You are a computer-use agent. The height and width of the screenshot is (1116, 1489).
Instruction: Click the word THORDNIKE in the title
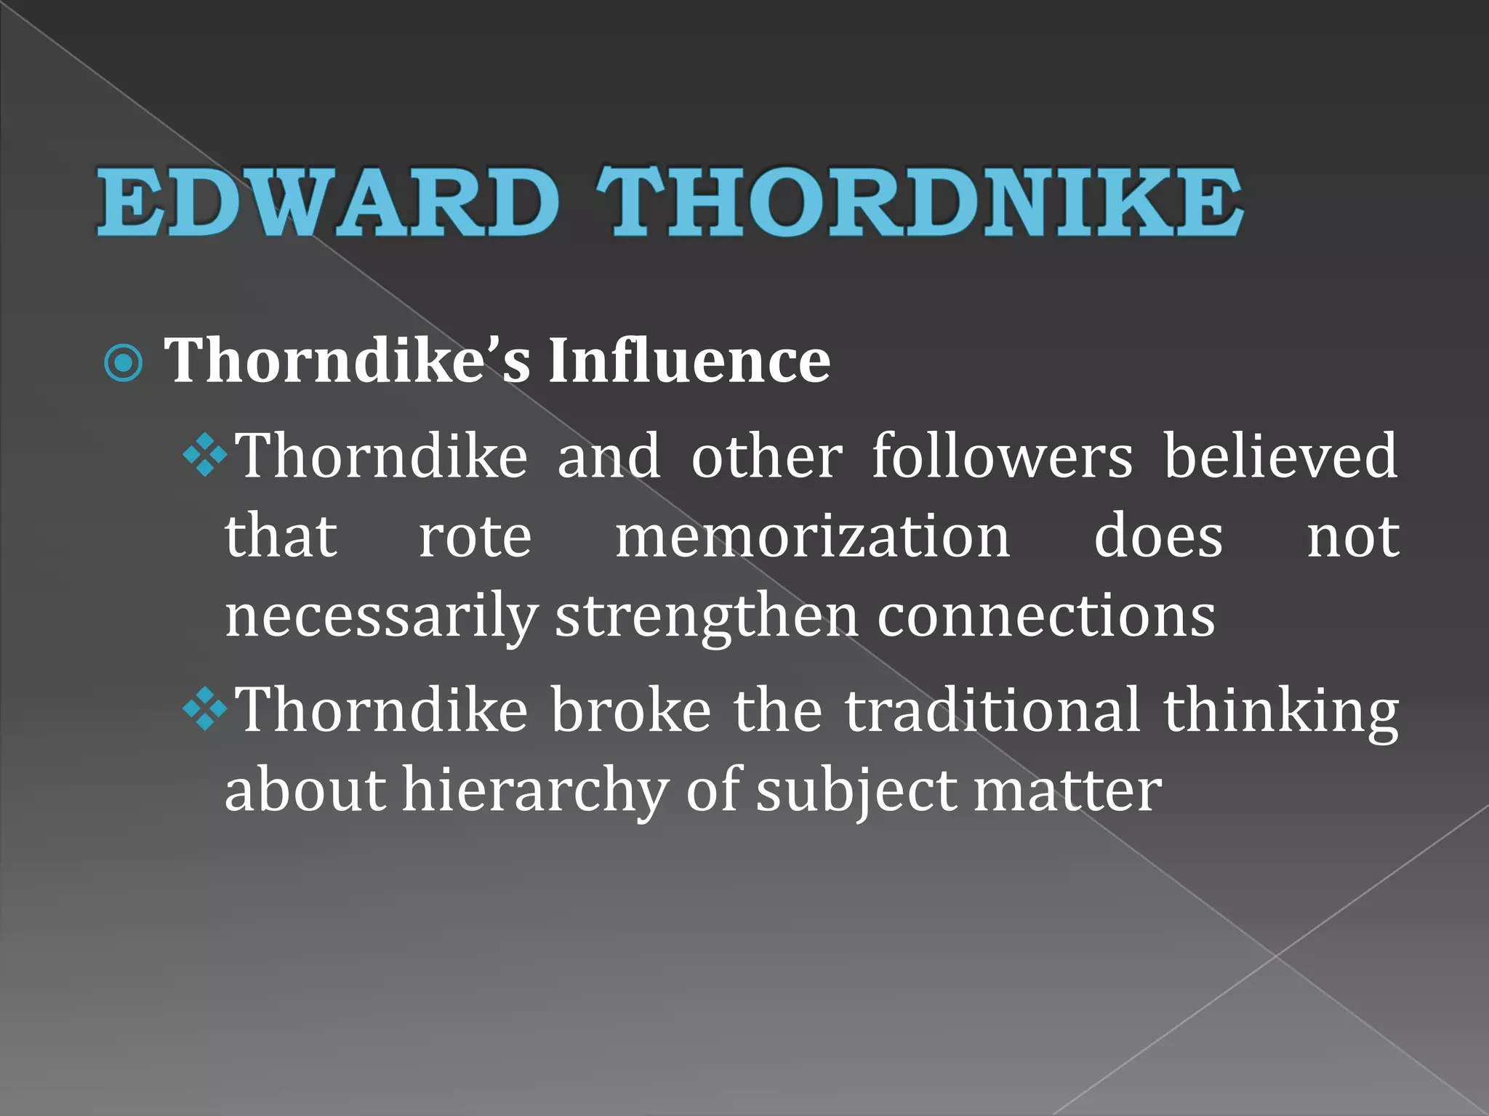point(919,201)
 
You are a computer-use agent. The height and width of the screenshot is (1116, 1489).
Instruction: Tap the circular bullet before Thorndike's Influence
point(124,362)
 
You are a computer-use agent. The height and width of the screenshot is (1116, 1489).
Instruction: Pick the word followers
point(1002,456)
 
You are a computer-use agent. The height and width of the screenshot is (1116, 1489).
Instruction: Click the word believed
point(1281,456)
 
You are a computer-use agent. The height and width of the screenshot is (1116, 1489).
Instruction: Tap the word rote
point(475,537)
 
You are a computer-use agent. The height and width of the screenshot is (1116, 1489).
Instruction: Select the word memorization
point(813,537)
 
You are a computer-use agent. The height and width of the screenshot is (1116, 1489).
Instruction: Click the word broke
point(630,710)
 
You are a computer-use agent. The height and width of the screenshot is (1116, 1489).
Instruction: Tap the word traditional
point(992,710)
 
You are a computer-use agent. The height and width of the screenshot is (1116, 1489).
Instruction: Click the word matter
point(1067,790)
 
